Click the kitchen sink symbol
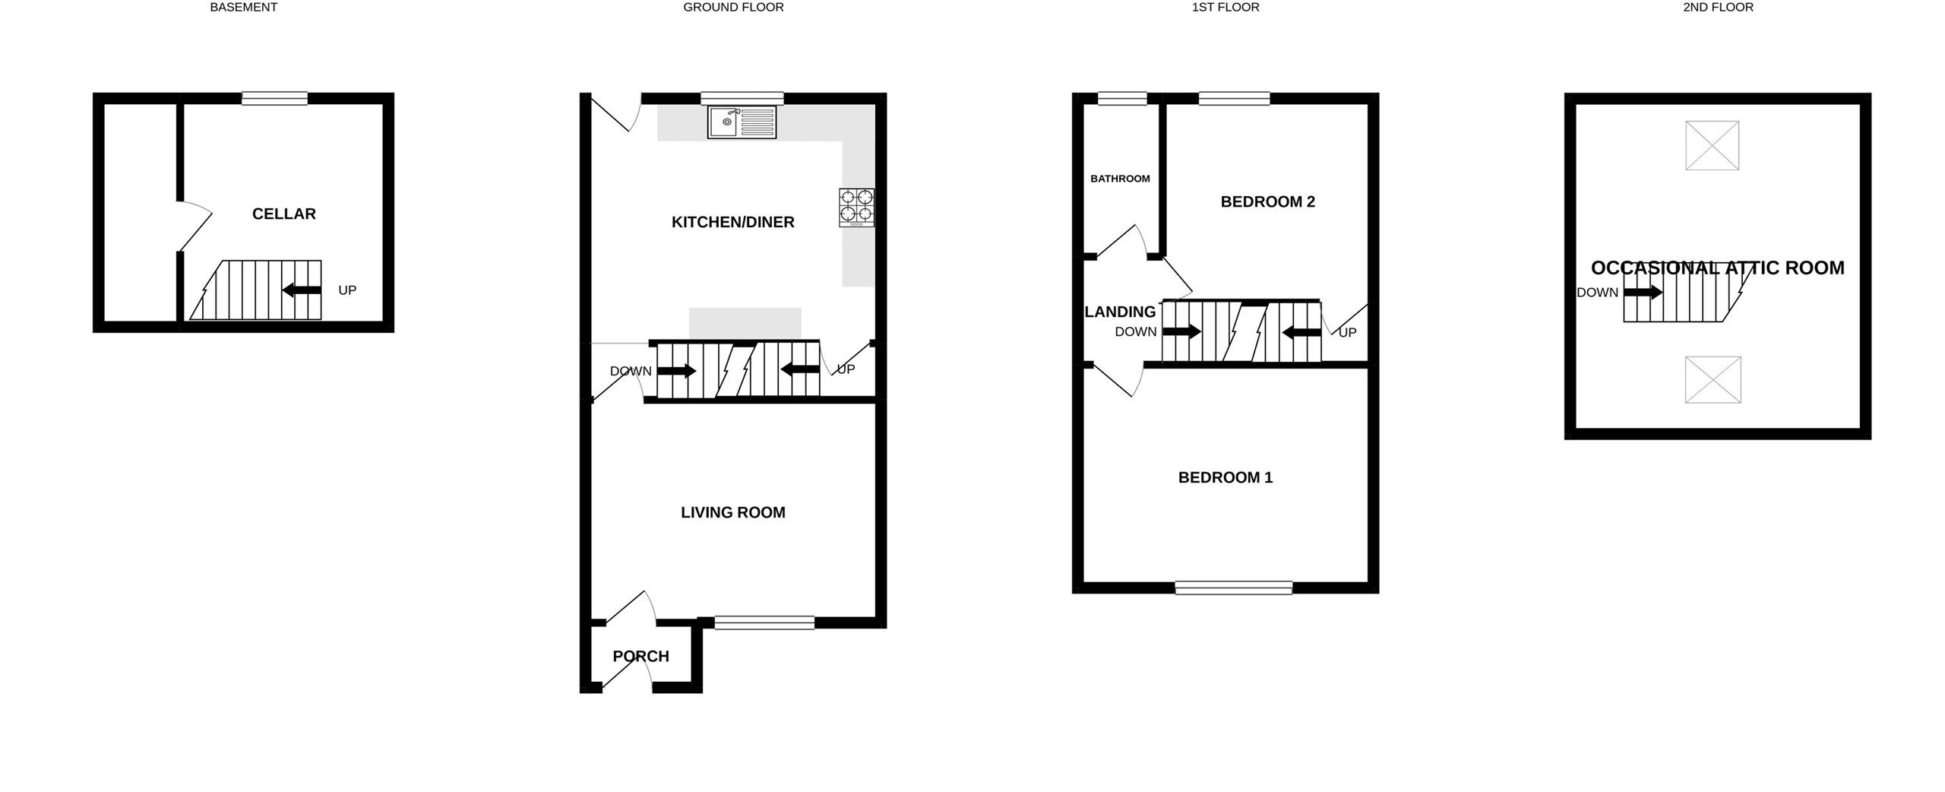742,122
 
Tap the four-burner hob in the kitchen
856,208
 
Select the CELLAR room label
284,214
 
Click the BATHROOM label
1120,179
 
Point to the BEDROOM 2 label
1267,202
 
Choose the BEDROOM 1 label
1225,478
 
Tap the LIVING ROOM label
732,513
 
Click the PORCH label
640,657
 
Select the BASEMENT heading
243,8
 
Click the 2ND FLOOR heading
1717,8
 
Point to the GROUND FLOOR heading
733,8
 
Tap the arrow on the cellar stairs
301,290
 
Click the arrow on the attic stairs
1643,292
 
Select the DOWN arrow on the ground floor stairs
676,371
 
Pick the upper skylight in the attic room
1712,145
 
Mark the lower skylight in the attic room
1713,379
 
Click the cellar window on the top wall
274,98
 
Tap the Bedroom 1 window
1233,588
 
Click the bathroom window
1122,98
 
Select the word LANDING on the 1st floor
1120,312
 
